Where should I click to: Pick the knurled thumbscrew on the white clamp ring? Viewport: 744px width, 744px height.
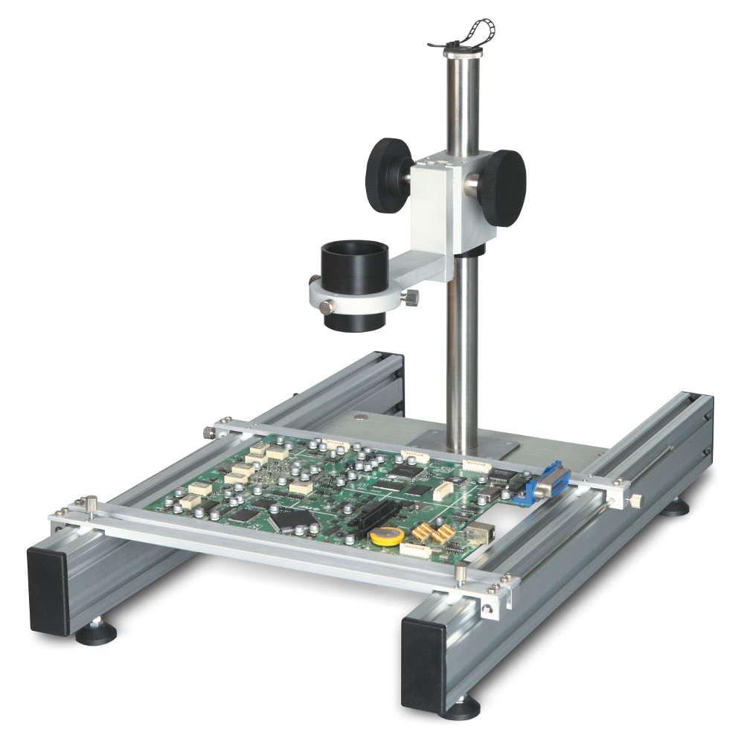pos(410,298)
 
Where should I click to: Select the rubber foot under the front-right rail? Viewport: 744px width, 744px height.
pos(461,707)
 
